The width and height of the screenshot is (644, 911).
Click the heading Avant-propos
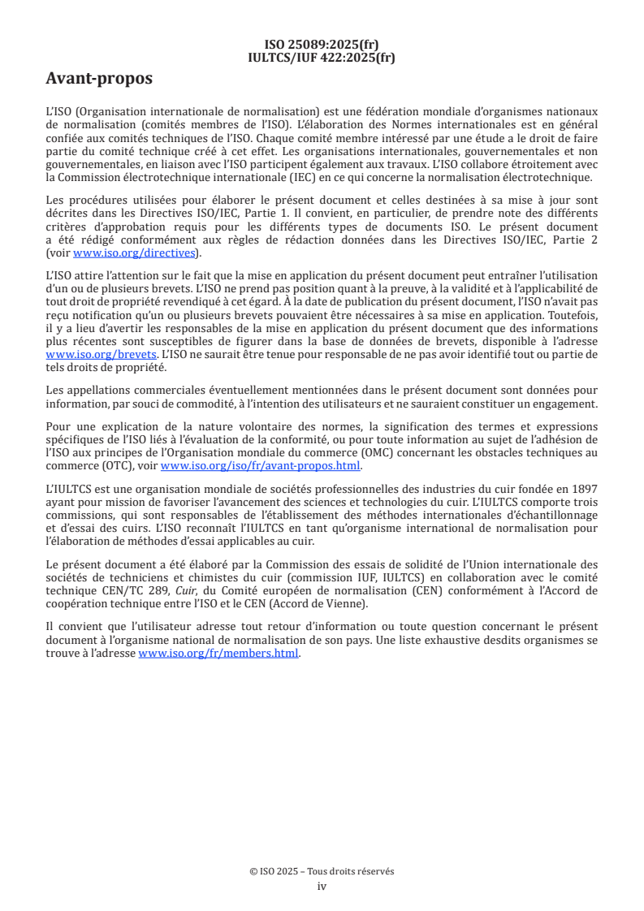[x=98, y=79]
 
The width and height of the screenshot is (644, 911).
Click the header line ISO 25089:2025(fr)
[x=322, y=45]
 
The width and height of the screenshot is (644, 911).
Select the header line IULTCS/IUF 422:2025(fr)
[x=322, y=57]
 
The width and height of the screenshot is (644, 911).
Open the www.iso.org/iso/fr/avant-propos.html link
[x=261, y=465]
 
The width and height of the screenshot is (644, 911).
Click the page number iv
[x=322, y=887]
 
